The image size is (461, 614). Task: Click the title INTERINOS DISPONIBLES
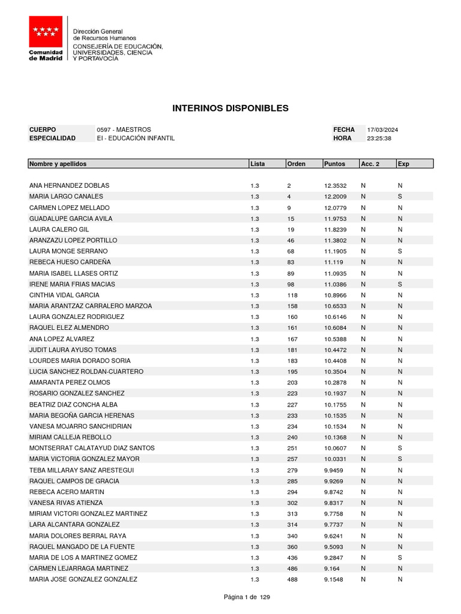pos(230,109)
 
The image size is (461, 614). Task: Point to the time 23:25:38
pos(379,139)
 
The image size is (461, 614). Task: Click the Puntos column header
pos(334,164)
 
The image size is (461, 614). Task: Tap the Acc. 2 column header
pos(370,164)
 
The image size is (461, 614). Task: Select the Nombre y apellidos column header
pos(58,164)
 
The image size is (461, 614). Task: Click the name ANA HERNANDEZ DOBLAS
pos(69,186)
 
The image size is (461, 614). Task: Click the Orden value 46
pos(291,240)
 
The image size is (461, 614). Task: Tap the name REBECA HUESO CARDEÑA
pos(70,262)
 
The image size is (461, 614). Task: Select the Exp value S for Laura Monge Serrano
pos(399,251)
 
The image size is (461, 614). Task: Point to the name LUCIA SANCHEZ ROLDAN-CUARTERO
pos(86,372)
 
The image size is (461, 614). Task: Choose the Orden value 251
pos(292,449)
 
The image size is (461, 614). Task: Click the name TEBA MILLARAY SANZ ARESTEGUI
pos(82,470)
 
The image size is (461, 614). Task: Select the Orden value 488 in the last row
pos(292,579)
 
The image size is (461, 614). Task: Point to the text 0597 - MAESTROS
pos(124,130)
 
